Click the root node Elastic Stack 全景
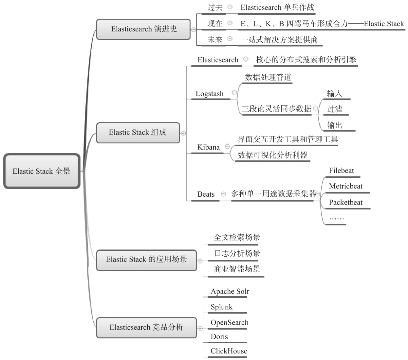pos(42,171)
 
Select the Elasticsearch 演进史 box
pos(143,29)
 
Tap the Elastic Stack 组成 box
pos(138,133)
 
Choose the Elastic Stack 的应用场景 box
pos(146,260)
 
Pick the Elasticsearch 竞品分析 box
pos(146,327)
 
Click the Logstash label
pos(210,94)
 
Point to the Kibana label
pos(209,148)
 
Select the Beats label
pos(206,194)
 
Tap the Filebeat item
pos(341,171)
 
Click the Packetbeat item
pos(345,203)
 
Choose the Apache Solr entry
pos(230,292)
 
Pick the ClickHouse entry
pos(229,351)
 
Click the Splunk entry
pos(222,307)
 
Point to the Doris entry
pos(219,337)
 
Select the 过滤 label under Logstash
pos(335,109)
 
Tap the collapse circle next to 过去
pos(230,7)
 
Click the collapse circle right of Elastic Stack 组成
pos(183,133)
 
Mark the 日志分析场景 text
pos(237,253)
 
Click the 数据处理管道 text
pos(268,78)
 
